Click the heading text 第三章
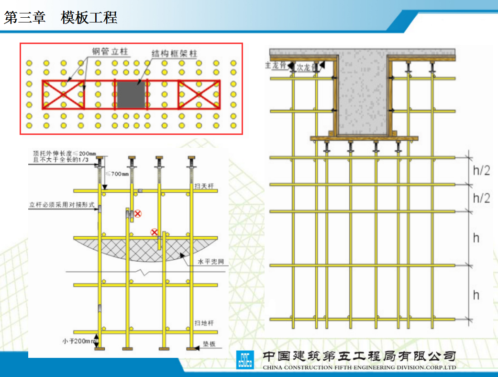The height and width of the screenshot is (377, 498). pos(25,18)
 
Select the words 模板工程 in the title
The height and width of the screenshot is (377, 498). pos(89,18)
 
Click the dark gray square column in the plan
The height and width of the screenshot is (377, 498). pos(131,95)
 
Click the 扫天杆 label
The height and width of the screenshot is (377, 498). pos(203,186)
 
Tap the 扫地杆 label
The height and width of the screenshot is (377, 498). pos(203,323)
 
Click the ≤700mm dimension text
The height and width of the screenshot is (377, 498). pos(117,173)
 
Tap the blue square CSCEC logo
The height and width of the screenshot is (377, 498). pos(245,360)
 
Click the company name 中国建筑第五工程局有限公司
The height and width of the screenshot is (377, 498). pos(359,356)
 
